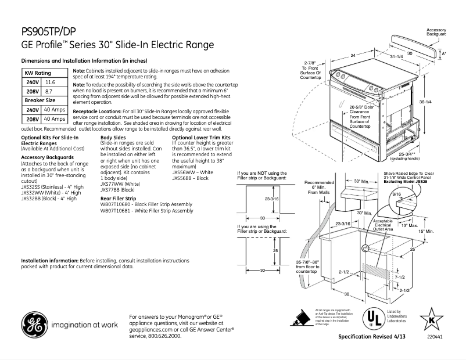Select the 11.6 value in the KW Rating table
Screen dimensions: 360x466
coord(50,82)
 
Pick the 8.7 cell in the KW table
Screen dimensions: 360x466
coord(49,92)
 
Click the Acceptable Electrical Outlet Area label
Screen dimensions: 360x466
coord(383,225)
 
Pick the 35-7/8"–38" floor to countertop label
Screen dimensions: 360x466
coord(307,265)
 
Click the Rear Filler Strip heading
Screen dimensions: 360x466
coord(119,199)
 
